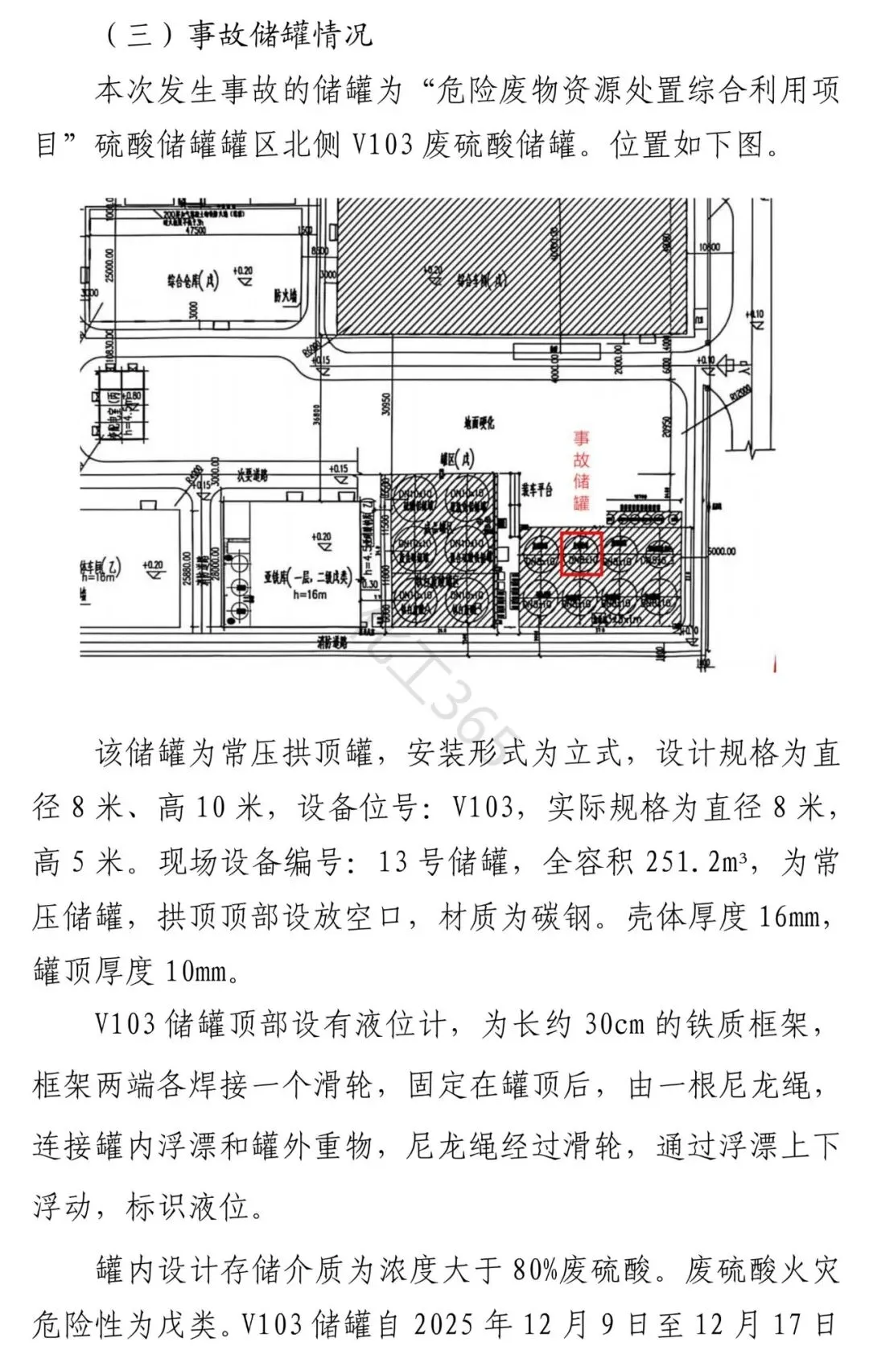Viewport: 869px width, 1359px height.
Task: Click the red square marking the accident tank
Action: [x=581, y=553]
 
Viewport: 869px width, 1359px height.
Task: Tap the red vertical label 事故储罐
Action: [x=581, y=470]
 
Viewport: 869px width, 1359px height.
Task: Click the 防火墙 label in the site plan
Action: [x=285, y=295]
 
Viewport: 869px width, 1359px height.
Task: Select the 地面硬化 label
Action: [x=479, y=422]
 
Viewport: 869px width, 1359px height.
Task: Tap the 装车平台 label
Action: [x=536, y=490]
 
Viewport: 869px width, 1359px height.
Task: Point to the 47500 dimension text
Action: [x=196, y=230]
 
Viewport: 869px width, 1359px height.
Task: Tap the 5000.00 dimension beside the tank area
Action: [x=721, y=551]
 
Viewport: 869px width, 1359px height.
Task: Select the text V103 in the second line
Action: [x=382, y=146]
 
